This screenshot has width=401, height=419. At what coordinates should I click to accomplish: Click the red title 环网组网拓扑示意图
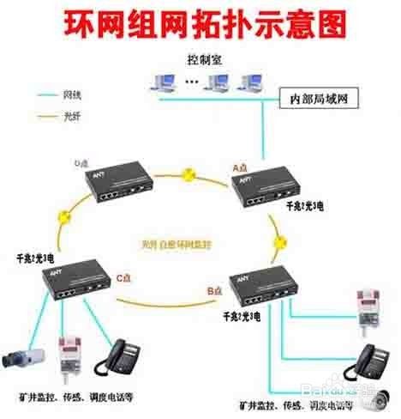coord(200,23)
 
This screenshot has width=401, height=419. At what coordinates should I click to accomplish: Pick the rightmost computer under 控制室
coord(249,82)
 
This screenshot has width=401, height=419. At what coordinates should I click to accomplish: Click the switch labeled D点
coord(121,185)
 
